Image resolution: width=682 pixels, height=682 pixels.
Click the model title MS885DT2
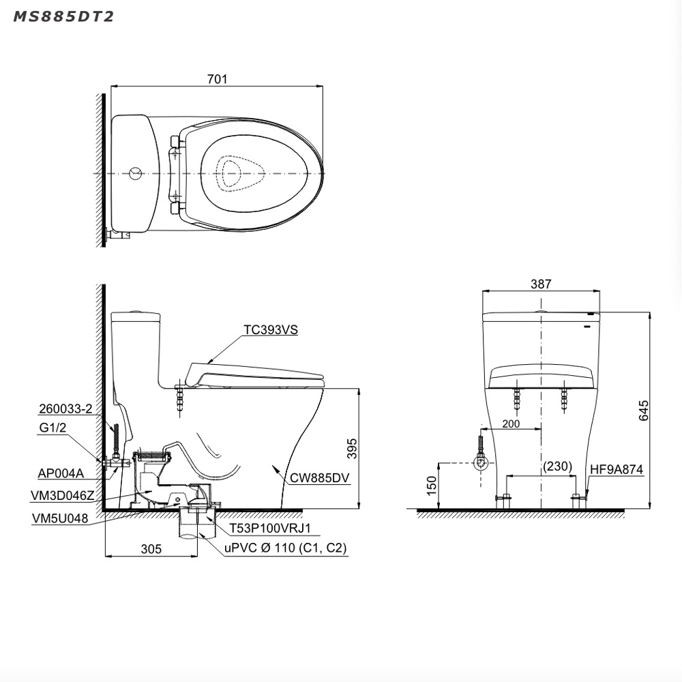point(63,16)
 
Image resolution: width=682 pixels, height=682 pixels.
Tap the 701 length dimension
point(217,78)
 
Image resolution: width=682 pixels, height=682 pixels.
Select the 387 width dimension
point(541,284)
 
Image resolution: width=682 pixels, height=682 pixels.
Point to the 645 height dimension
point(644,410)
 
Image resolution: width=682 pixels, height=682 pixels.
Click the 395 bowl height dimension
point(352,449)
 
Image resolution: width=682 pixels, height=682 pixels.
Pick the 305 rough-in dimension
point(151,549)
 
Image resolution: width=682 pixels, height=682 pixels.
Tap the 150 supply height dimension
point(431,486)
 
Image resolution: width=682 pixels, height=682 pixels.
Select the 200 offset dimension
point(511,424)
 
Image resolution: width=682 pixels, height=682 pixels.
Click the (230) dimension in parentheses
point(558,466)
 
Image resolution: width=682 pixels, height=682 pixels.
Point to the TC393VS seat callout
point(271,329)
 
